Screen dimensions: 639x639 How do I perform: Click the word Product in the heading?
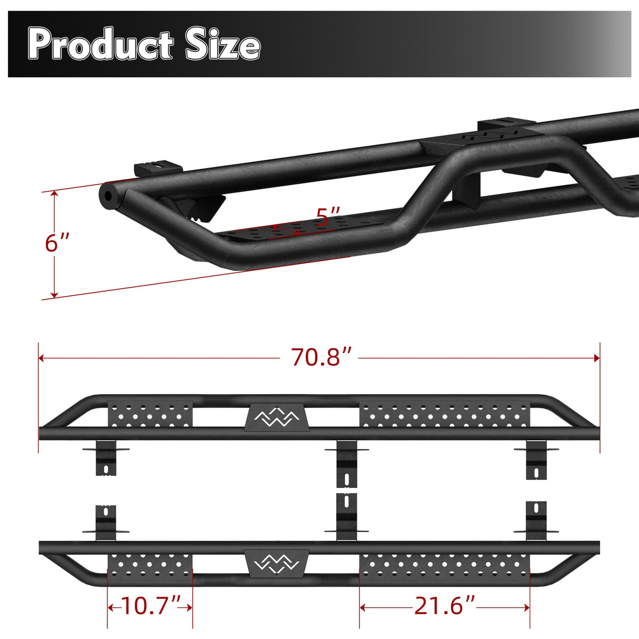click(101, 45)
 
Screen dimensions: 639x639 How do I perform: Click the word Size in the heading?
click(223, 45)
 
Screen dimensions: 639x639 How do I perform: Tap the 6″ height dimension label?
click(57, 243)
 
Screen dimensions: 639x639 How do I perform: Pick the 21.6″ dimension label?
click(445, 606)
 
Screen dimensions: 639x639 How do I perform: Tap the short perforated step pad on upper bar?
click(151, 415)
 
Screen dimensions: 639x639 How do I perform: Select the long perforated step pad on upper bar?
click(445, 415)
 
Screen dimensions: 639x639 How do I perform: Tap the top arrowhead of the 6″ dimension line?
click(54, 194)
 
